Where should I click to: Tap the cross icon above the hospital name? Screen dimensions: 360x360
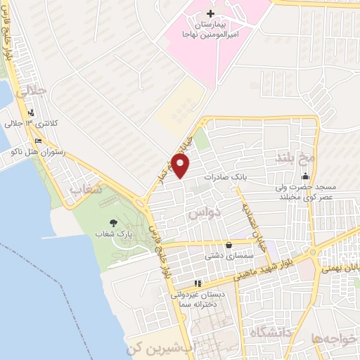tap(210, 14)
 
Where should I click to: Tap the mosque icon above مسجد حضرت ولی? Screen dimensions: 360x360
tap(305, 176)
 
